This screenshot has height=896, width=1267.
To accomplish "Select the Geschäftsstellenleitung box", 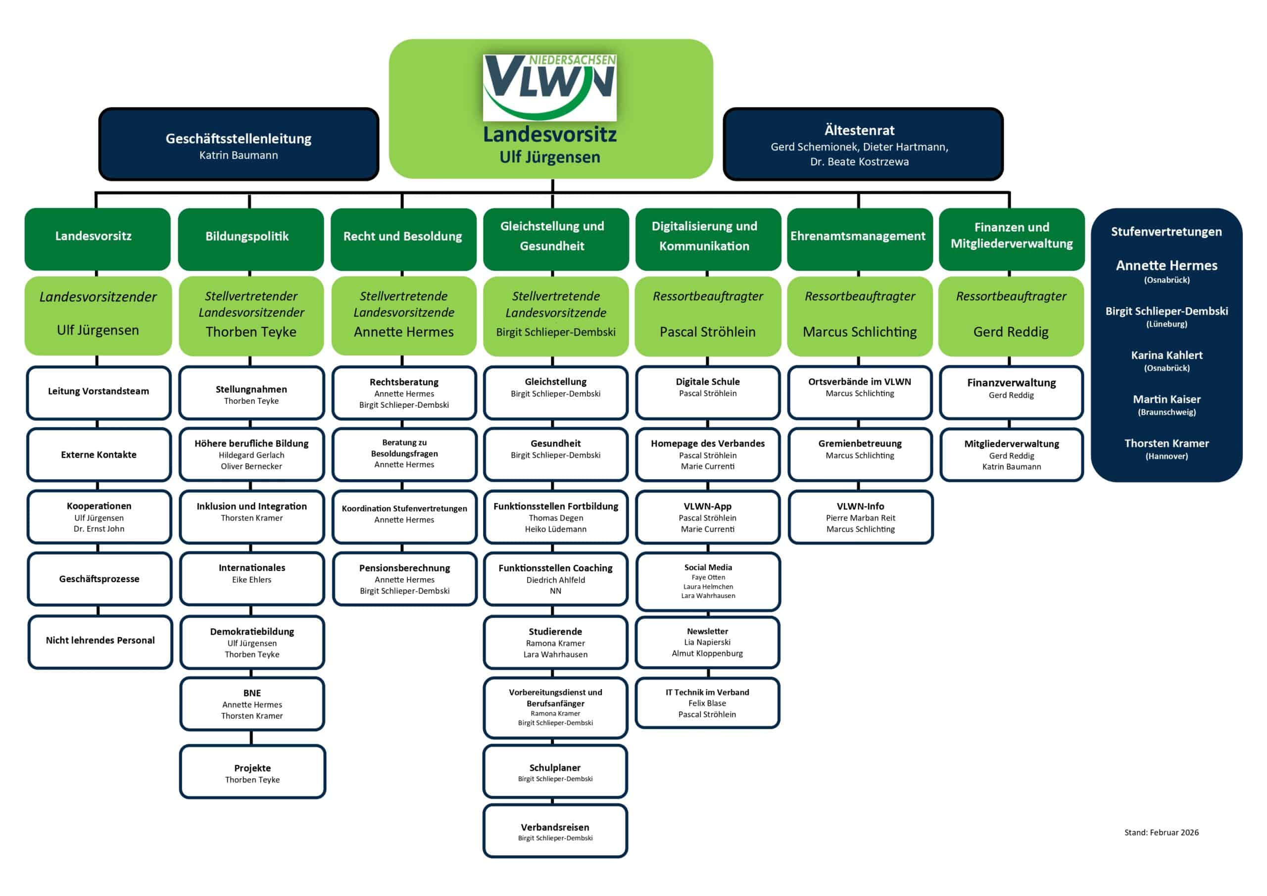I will (x=239, y=145).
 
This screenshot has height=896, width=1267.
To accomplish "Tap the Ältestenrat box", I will (x=863, y=145).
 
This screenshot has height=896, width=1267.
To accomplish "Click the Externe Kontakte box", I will (x=99, y=455).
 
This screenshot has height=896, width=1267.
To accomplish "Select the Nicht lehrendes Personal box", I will (x=100, y=641).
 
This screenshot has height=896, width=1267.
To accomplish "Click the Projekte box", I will (x=252, y=772).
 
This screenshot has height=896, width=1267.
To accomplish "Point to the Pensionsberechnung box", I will (x=404, y=579).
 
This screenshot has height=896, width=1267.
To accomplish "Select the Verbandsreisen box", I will (x=555, y=831).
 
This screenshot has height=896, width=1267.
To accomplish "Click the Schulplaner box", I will (x=555, y=772).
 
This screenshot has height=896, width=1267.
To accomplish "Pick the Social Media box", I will (x=708, y=581).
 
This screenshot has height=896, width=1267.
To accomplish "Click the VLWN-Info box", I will (x=860, y=517).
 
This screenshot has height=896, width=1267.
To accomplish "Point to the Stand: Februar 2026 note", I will (x=1161, y=833).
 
